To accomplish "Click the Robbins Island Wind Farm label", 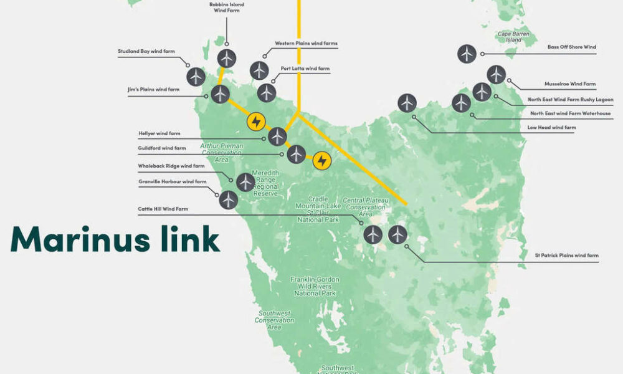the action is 227,7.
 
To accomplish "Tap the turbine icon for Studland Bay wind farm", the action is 196,77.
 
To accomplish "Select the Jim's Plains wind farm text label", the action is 153,90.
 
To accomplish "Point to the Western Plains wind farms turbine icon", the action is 259,70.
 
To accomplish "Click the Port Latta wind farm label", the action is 305,68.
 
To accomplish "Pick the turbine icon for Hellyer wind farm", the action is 277,137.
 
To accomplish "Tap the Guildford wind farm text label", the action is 162,148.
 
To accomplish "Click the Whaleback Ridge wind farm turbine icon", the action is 245,182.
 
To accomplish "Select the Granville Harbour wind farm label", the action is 172,182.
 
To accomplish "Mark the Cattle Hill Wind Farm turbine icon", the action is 373,234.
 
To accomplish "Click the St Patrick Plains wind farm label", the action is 566,255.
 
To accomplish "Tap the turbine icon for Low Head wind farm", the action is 407,102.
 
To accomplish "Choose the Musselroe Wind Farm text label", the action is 570,84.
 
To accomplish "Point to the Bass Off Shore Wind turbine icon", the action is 467,54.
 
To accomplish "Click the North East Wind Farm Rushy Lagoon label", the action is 570,99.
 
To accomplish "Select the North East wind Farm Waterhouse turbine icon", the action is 462,103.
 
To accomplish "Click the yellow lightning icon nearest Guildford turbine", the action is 321,161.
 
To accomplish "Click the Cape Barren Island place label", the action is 509,37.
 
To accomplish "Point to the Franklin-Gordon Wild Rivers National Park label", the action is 315,286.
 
